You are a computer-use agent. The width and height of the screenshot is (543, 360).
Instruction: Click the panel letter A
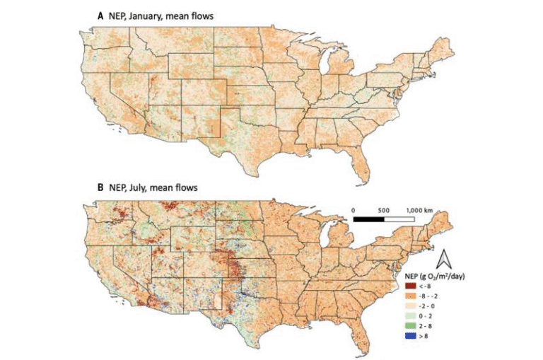click(100, 14)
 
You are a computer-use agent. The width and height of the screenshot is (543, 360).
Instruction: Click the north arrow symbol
click(448, 256)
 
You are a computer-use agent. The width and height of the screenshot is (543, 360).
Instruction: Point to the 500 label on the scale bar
click(385, 210)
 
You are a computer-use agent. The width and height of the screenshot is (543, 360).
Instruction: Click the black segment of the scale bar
click(368, 220)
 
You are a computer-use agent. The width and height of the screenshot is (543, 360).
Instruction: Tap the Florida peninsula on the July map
click(367, 334)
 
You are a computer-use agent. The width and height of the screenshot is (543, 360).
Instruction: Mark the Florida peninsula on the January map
click(366, 159)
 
